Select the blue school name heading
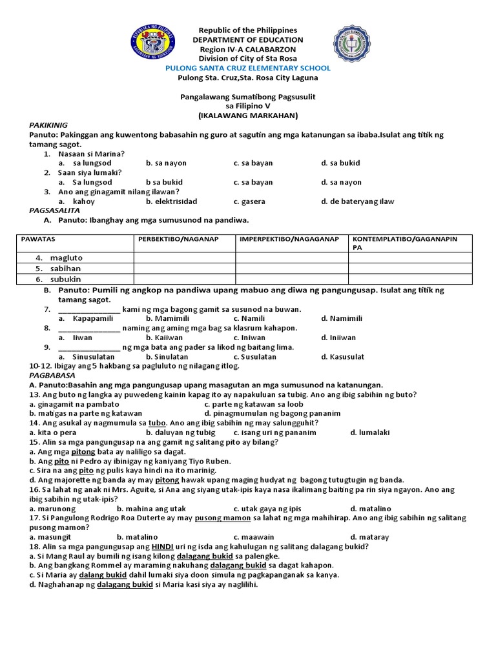point(248,68)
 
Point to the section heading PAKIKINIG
point(48,125)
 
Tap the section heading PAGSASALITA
point(55,210)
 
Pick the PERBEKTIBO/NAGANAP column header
point(178,239)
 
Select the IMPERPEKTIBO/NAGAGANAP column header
point(289,239)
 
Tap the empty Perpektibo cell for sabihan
point(184,269)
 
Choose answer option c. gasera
point(249,201)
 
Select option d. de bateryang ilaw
point(357,201)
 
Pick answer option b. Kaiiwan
point(164,338)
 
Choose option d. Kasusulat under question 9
point(342,356)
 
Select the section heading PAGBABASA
point(52,375)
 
